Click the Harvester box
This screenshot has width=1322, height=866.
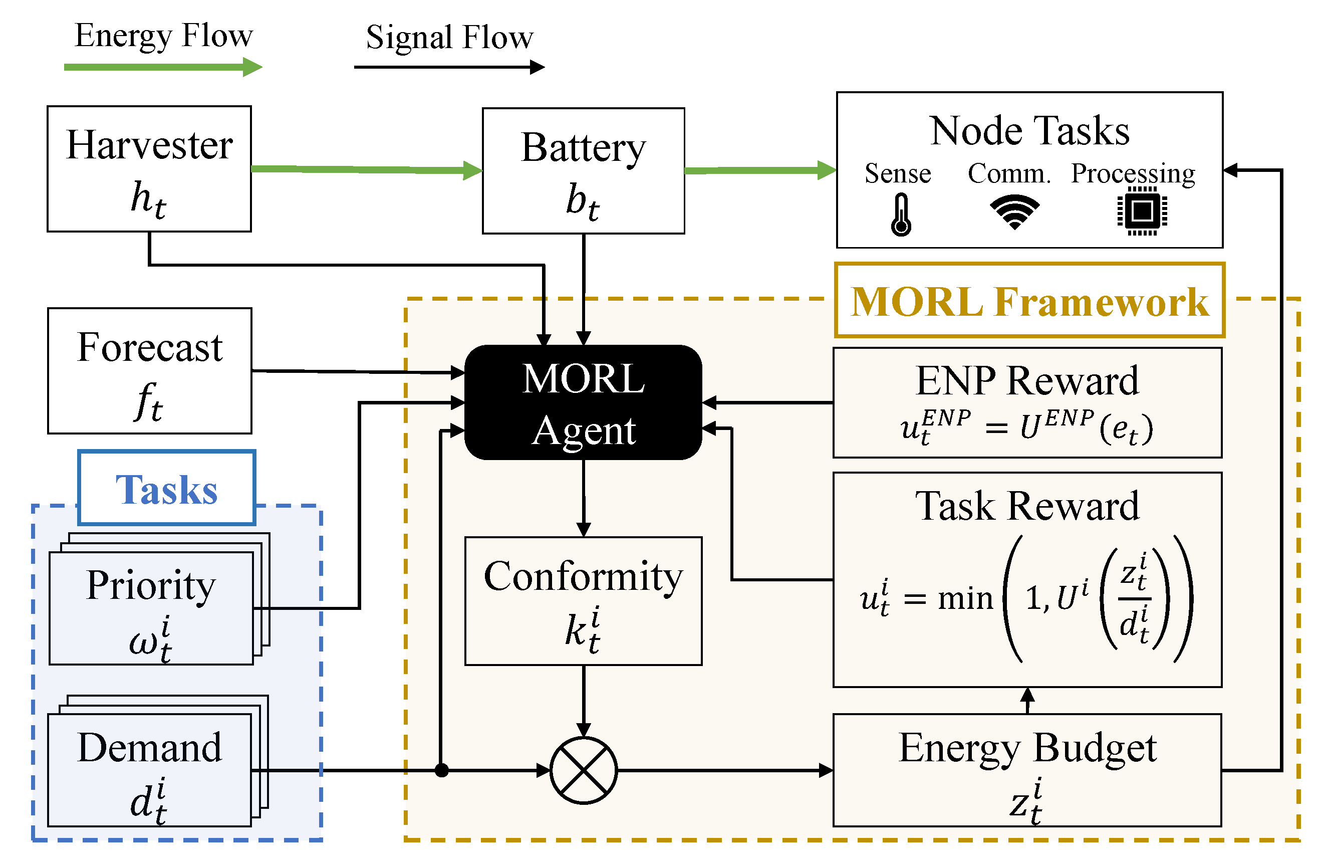[149, 169]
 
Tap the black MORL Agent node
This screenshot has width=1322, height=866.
[583, 402]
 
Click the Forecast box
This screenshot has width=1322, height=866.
[149, 371]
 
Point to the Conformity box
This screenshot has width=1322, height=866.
[583, 601]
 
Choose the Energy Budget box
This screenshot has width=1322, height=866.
[1027, 770]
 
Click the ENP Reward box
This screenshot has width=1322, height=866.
[1027, 403]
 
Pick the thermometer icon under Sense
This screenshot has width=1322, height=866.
[901, 215]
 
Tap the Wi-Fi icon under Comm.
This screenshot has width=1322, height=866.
[1014, 212]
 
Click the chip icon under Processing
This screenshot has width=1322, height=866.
[1142, 211]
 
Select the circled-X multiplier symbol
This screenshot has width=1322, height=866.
[583, 770]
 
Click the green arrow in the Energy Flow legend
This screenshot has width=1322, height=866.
[163, 67]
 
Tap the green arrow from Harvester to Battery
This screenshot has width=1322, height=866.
[367, 169]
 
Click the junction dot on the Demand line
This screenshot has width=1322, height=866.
[442, 770]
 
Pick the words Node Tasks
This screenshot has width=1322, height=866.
[1029, 131]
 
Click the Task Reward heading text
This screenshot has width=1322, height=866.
[1027, 506]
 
